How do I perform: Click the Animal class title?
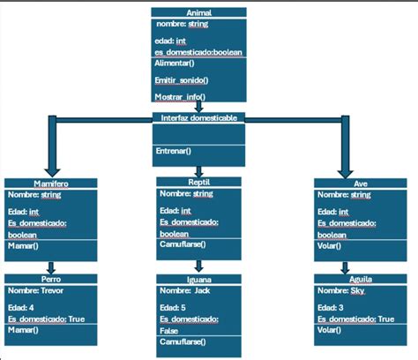coord(198,14)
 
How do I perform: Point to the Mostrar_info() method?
coord(181,95)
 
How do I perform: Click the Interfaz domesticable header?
coord(198,117)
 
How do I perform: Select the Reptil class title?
coord(198,182)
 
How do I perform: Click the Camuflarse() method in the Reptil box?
coord(183,244)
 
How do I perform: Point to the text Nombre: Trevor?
coord(36,289)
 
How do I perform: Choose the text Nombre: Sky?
coord(339,289)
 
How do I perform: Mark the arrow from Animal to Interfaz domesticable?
coord(198,107)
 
